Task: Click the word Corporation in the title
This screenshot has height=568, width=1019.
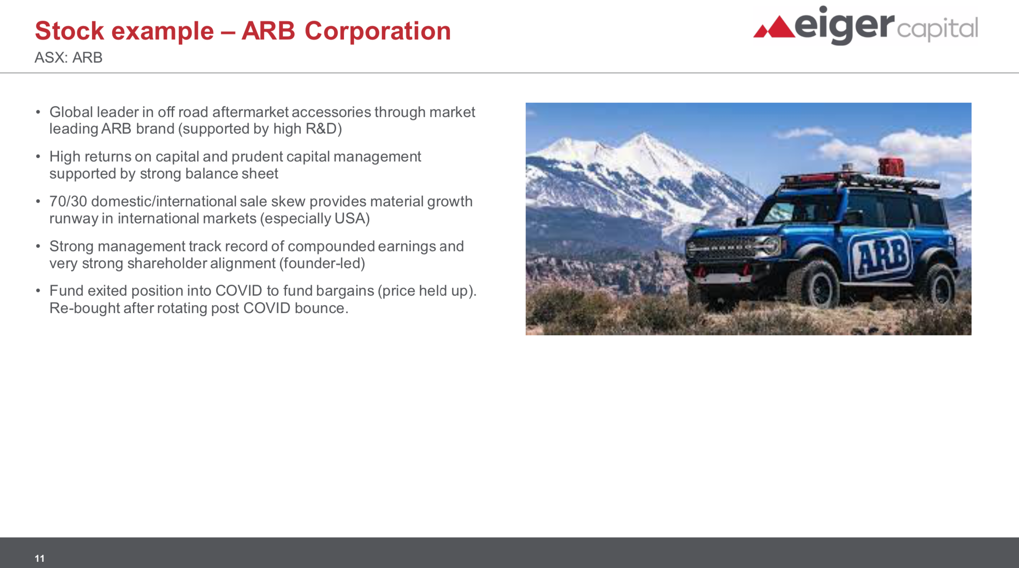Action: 377,31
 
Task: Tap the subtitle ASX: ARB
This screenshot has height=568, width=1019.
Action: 68,57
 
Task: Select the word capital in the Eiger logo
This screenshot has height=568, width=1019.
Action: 937,29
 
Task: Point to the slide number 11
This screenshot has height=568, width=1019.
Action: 40,558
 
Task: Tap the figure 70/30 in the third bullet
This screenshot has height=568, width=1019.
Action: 68,201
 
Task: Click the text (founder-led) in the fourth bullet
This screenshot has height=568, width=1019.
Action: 322,264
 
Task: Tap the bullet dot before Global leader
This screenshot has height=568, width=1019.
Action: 38,112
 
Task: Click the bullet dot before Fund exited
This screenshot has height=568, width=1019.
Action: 38,291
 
